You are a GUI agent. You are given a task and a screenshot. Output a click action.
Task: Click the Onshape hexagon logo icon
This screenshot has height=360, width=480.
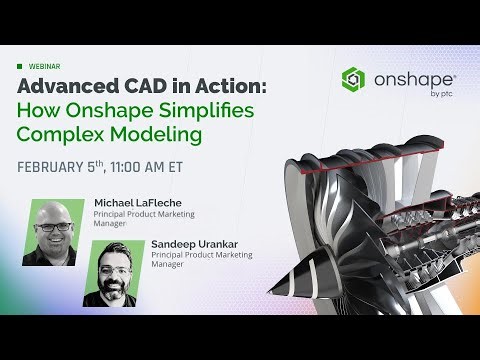click(353, 79)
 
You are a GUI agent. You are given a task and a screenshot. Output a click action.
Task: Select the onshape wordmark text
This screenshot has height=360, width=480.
click(410, 77)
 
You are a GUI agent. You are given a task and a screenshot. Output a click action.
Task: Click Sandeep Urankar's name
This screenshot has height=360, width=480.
click(198, 244)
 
